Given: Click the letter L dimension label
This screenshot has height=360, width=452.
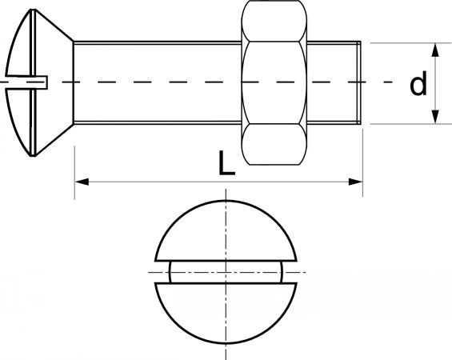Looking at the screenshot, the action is click(x=226, y=162).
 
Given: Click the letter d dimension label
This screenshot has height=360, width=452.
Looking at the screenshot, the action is click(x=418, y=83).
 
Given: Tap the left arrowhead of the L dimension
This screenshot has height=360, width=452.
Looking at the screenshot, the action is click(x=82, y=182).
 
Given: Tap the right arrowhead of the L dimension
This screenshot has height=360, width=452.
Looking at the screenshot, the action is click(x=355, y=182).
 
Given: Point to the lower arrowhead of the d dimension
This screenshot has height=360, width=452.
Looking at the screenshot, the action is click(x=435, y=117).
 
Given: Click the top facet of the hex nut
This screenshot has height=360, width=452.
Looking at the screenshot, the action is click(x=274, y=21).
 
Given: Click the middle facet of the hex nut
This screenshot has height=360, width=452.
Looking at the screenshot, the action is click(x=274, y=82).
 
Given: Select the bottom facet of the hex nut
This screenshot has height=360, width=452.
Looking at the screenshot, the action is click(x=274, y=145).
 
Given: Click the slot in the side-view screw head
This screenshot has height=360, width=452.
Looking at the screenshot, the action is click(x=26, y=82).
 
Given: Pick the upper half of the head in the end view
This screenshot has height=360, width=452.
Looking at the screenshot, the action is click(x=226, y=230).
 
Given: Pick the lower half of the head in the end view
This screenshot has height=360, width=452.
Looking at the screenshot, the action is click(x=226, y=313).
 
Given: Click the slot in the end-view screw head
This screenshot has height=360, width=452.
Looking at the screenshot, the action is click(x=226, y=272).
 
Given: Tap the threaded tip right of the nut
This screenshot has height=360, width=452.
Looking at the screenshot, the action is click(x=334, y=82).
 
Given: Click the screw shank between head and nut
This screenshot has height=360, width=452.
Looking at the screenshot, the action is click(x=158, y=82).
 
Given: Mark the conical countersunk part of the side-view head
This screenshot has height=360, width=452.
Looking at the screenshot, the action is click(x=54, y=82).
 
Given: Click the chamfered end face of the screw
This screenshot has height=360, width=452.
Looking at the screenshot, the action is click(x=359, y=82).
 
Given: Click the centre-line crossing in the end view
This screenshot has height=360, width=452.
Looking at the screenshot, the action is click(x=226, y=272).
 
